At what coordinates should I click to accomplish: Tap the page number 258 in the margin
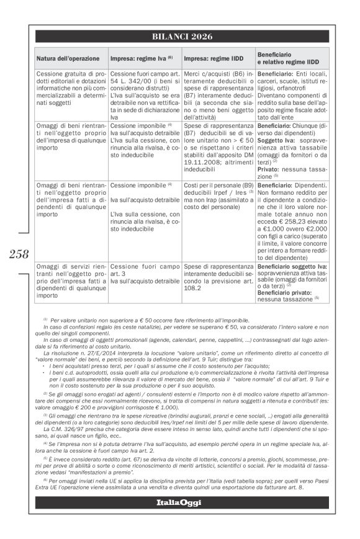[x=19, y=253]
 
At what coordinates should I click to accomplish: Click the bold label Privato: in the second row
[x=269, y=167]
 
